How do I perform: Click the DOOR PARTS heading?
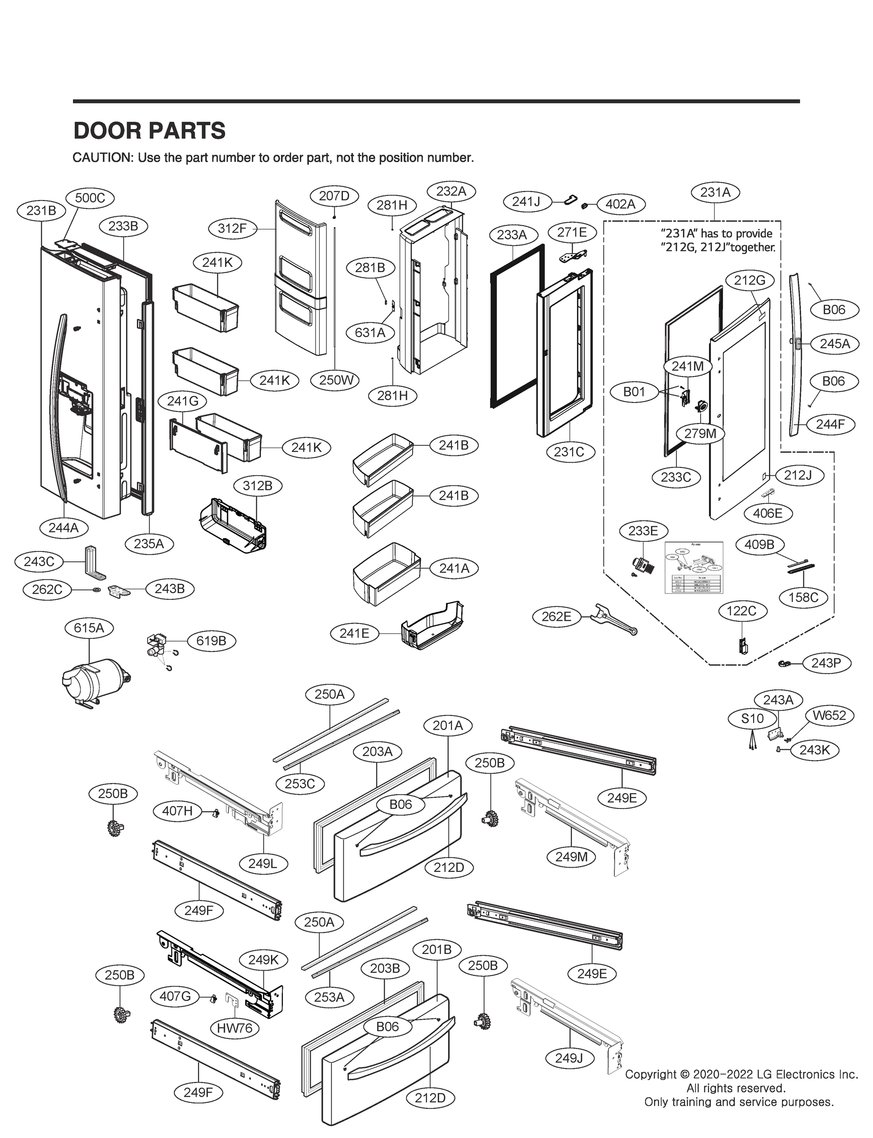tap(150, 130)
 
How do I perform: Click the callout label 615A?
tap(89, 628)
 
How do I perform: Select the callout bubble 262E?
tap(557, 616)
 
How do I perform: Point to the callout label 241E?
tap(354, 633)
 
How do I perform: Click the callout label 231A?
tap(715, 193)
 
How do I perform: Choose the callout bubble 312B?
tap(258, 486)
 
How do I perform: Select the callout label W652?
tap(829, 715)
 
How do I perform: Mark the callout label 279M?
tap(700, 433)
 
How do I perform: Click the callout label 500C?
tap(90, 198)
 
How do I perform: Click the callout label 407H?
tap(177, 810)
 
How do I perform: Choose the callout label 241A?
tap(454, 569)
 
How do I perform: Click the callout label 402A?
tap(621, 204)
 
